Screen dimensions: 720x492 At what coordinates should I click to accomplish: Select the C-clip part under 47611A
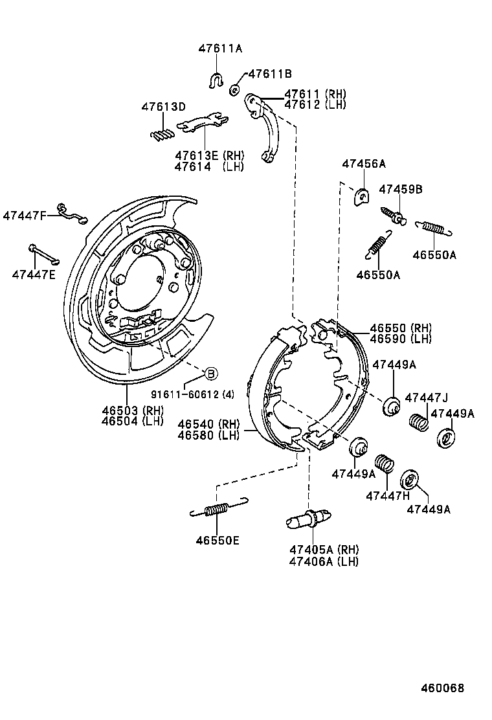pos(216,80)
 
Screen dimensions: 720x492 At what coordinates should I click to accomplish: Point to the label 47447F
pos(25,215)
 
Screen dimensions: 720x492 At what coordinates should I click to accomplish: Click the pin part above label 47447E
pos(43,254)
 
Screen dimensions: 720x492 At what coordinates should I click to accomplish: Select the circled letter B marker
pos(210,373)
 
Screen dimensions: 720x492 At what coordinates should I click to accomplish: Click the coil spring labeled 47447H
pos(386,465)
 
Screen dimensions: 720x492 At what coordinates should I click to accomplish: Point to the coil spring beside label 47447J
pos(419,422)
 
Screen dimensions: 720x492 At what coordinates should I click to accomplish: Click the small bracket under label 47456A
pos(361,196)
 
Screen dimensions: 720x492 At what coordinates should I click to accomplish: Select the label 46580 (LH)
pos(208,435)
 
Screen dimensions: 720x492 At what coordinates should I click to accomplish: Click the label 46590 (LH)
pos(400,339)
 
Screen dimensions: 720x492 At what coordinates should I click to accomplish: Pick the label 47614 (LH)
pos(208,166)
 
